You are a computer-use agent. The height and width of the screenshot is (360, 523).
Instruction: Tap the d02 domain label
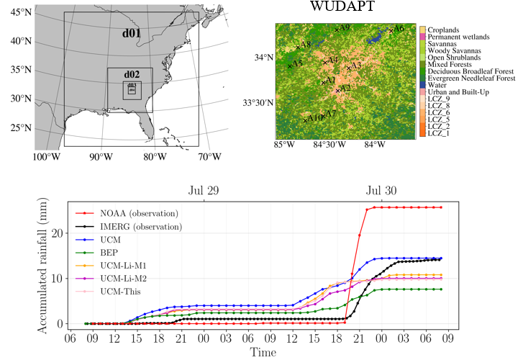131,74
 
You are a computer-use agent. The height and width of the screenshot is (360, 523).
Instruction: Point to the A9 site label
344,27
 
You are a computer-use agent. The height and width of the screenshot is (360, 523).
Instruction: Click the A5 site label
297,64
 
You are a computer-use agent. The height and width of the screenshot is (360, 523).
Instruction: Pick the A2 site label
345,89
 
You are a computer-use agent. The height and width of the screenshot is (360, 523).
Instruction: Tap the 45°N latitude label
21,12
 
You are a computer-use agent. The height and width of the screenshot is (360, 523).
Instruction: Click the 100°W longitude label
47,156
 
